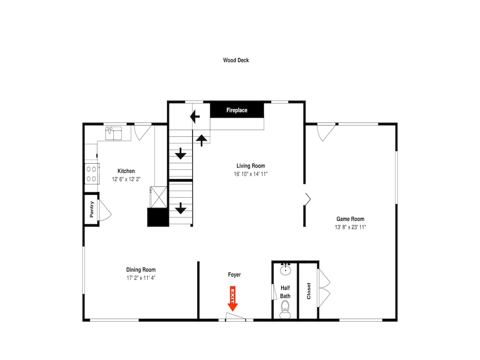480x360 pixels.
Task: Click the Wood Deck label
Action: (236, 60)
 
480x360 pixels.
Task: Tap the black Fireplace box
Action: (237, 110)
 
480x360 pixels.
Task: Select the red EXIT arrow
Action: (233, 299)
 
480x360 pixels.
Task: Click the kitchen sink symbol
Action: (114, 133)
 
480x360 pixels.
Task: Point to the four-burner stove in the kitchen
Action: (92, 174)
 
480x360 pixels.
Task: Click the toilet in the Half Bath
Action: (285, 309)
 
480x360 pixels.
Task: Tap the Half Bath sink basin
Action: (286, 269)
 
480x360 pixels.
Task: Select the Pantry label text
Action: (92, 209)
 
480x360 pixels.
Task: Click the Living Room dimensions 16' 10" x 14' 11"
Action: (251, 174)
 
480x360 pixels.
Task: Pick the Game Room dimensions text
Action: (350, 227)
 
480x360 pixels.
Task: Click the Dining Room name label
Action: (141, 270)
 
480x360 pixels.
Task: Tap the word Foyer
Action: (234, 275)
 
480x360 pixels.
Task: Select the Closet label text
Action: (309, 291)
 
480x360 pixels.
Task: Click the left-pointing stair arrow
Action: (195, 117)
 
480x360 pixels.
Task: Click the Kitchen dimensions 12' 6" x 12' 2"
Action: (126, 180)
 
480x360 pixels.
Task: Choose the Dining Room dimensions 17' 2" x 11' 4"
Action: (141, 278)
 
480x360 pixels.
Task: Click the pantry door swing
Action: (104, 210)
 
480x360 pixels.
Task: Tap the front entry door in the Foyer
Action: (235, 316)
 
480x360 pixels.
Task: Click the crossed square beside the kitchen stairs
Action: (158, 197)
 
